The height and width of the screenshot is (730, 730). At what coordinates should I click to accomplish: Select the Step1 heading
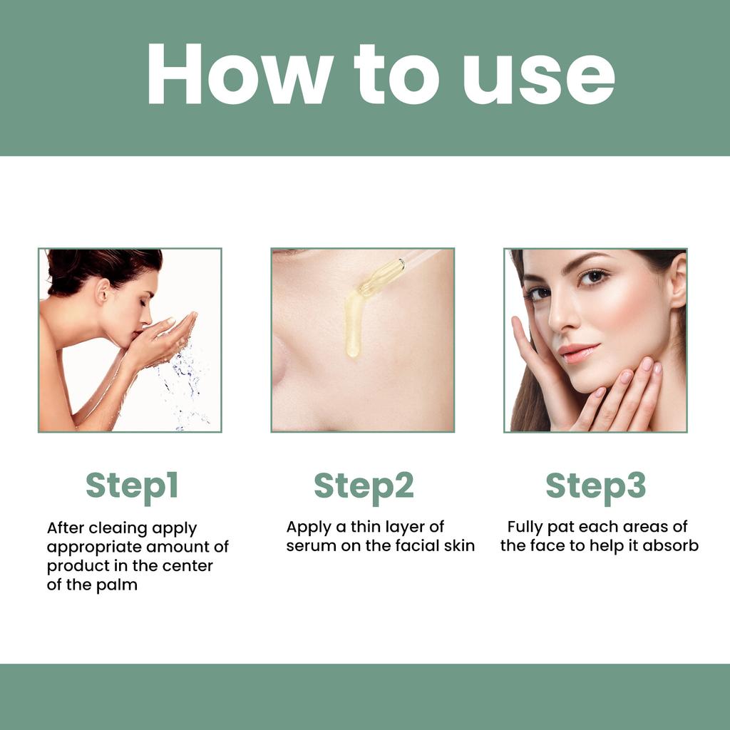(x=132, y=485)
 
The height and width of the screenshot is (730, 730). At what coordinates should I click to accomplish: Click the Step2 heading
(x=364, y=485)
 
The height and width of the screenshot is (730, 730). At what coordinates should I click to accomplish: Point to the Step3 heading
(x=596, y=485)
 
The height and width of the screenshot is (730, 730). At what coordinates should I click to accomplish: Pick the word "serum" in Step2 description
(x=310, y=546)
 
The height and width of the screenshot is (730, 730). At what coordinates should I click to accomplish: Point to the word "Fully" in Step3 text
(x=524, y=528)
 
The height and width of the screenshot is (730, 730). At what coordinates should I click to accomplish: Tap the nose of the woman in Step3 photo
(x=562, y=317)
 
